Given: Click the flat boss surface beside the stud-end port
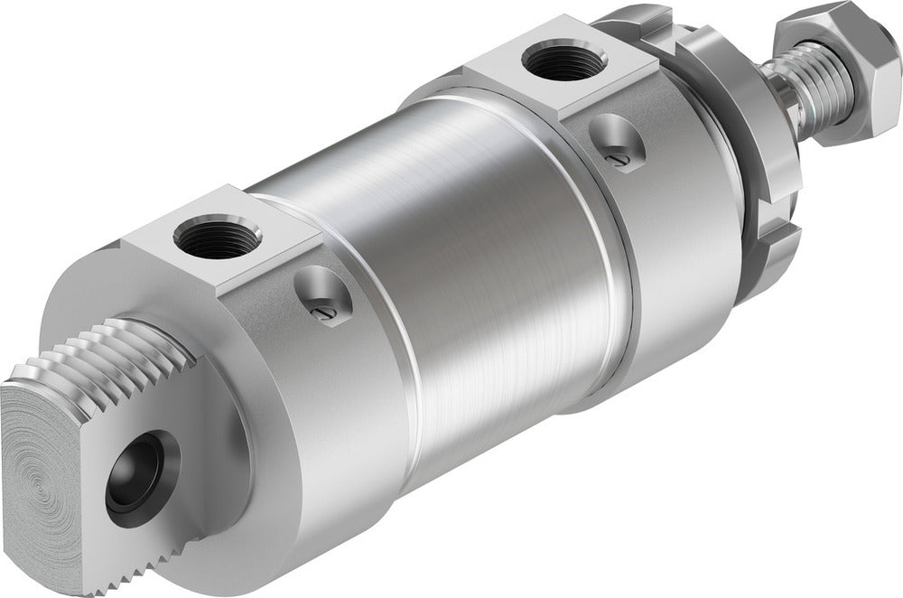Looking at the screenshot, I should (280, 253).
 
